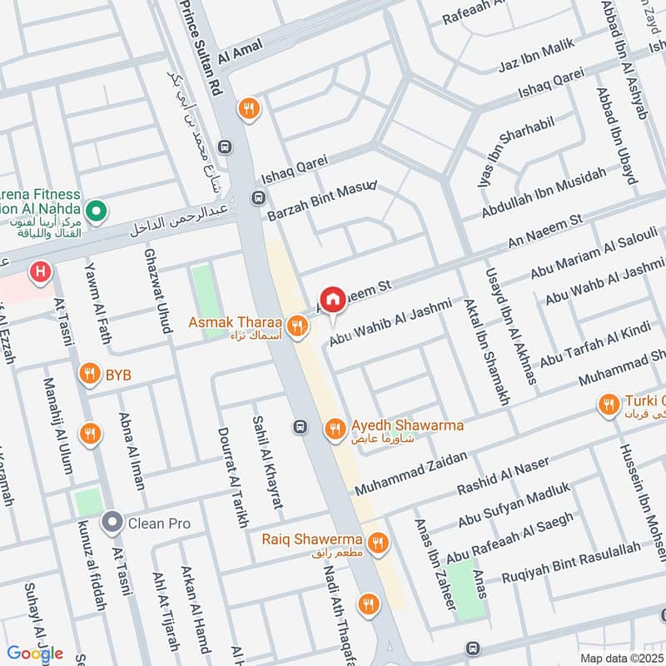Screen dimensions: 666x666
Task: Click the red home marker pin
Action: point(333,301)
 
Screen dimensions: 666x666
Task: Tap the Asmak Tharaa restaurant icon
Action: point(296,325)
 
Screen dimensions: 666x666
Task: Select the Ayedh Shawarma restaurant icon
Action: point(335,428)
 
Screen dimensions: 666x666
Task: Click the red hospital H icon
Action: point(38,271)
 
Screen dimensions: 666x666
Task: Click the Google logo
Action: point(35,653)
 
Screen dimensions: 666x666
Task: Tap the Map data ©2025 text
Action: point(621,658)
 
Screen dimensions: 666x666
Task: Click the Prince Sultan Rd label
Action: point(204,50)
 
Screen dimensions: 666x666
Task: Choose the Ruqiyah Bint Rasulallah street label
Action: point(571,562)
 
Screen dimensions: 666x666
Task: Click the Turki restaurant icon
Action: point(608,405)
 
